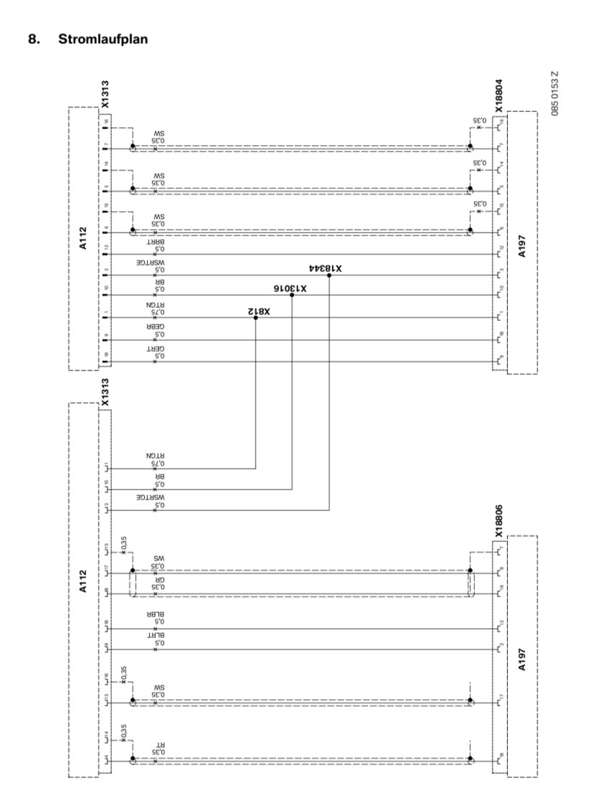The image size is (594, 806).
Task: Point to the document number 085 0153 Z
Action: point(554,93)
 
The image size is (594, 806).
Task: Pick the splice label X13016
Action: point(290,289)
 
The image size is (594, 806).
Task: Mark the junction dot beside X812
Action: point(255,317)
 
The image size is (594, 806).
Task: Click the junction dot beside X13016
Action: point(292,296)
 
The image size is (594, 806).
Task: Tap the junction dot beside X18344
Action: point(329,275)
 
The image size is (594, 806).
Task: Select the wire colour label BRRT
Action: point(156,243)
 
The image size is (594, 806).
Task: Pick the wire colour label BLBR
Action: point(156,615)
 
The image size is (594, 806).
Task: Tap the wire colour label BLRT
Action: point(156,636)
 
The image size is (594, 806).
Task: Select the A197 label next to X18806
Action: point(522,658)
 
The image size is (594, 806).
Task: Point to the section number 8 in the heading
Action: point(32,39)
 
